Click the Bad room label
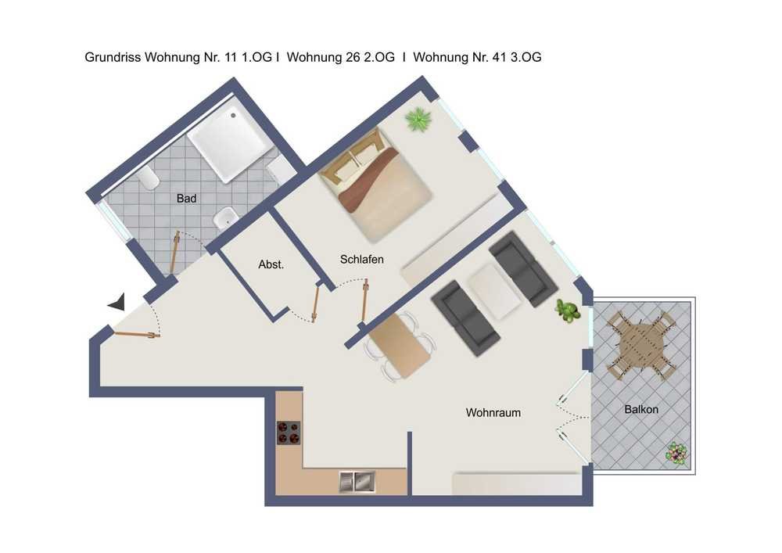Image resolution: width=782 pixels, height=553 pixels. [x=187, y=199]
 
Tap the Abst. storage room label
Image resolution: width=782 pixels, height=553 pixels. [x=271, y=265]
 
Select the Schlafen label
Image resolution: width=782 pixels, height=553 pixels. [x=361, y=260]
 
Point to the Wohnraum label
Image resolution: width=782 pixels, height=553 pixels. [x=493, y=413]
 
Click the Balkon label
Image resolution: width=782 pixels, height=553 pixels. [x=641, y=409]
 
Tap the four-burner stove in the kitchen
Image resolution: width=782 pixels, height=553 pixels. [x=289, y=433]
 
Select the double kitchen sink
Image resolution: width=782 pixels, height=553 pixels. [x=357, y=482]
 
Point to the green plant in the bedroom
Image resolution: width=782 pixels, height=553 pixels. [x=418, y=120]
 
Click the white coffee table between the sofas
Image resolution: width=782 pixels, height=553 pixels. [x=495, y=292]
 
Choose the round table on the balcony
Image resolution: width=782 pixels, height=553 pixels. [x=642, y=345]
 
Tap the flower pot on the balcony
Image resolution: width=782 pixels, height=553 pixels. [x=677, y=453]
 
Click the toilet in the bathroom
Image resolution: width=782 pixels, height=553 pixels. [x=148, y=179]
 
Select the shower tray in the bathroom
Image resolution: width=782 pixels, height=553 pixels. [x=231, y=140]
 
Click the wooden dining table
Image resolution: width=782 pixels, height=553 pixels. [x=399, y=345]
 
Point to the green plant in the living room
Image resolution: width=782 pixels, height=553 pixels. [x=568, y=311]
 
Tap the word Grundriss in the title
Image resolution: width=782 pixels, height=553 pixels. [x=113, y=57]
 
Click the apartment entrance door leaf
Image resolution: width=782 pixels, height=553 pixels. [x=135, y=335]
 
